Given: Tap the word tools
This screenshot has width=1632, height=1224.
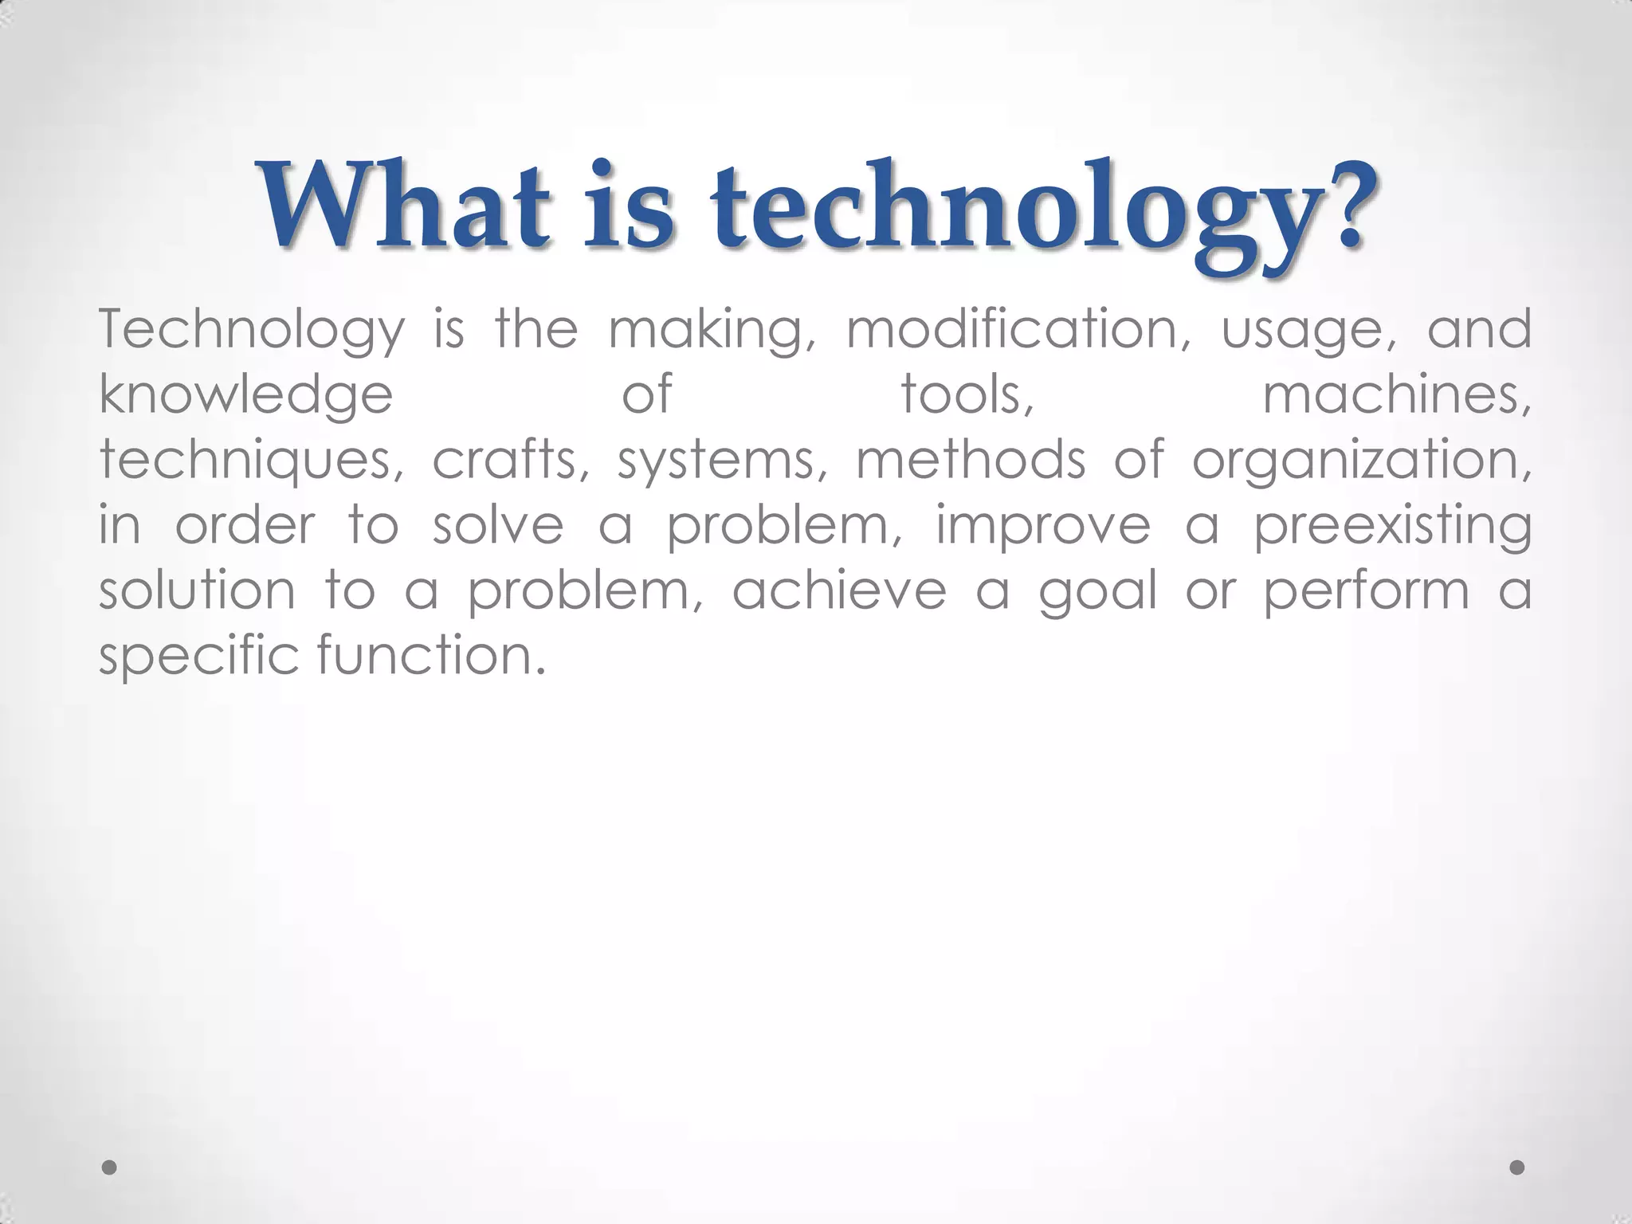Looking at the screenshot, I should click(967, 395).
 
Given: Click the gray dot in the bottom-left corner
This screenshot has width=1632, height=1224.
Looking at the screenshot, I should click(110, 1167).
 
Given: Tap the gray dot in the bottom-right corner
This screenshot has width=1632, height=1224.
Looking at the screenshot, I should click(1517, 1167).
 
